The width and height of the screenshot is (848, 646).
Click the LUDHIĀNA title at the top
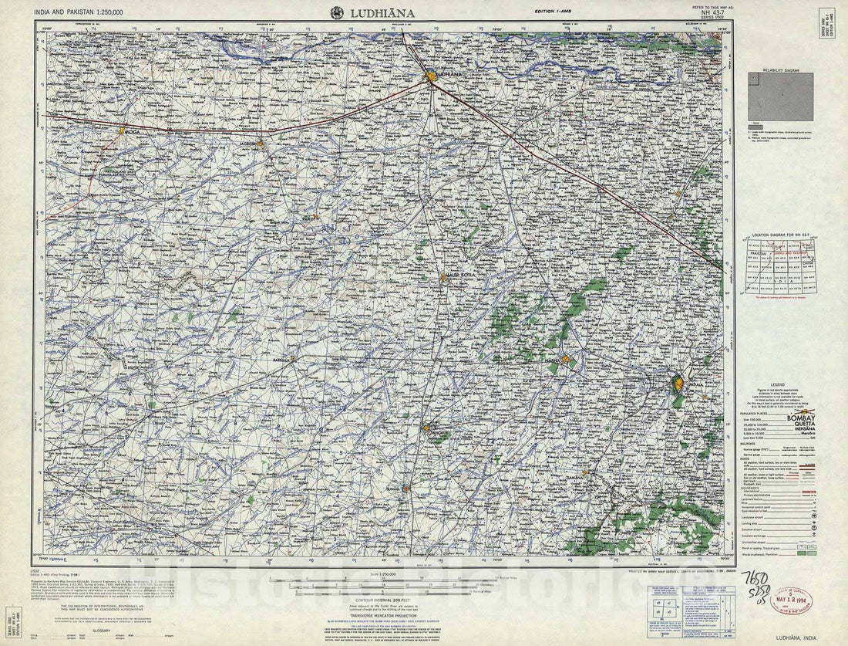[x=383, y=12]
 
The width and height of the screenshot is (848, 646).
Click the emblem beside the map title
[x=337, y=12]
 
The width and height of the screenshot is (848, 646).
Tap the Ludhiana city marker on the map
[x=431, y=76]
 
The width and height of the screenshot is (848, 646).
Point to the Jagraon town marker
[x=261, y=143]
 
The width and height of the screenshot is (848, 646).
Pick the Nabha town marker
[x=565, y=360]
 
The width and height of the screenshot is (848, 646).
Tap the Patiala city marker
[x=677, y=383]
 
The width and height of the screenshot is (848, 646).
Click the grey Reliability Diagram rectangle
[x=780, y=97]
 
